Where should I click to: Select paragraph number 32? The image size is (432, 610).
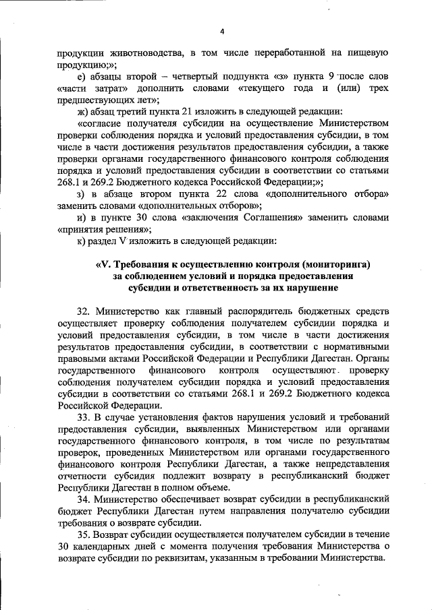(84, 312)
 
